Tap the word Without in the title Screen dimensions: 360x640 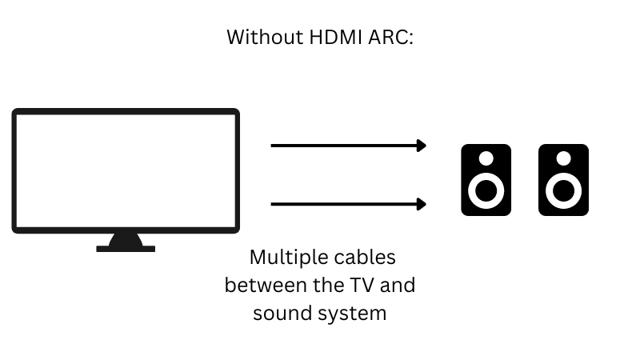259,37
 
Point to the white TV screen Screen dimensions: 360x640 126,170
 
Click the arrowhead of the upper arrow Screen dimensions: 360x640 422,146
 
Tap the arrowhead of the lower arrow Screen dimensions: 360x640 422,204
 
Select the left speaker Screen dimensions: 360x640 486,180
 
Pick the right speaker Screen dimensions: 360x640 563,180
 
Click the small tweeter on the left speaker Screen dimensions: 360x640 486,158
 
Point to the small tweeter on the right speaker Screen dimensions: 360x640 563,158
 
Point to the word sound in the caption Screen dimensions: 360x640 277,313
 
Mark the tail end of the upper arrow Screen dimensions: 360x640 274,146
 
